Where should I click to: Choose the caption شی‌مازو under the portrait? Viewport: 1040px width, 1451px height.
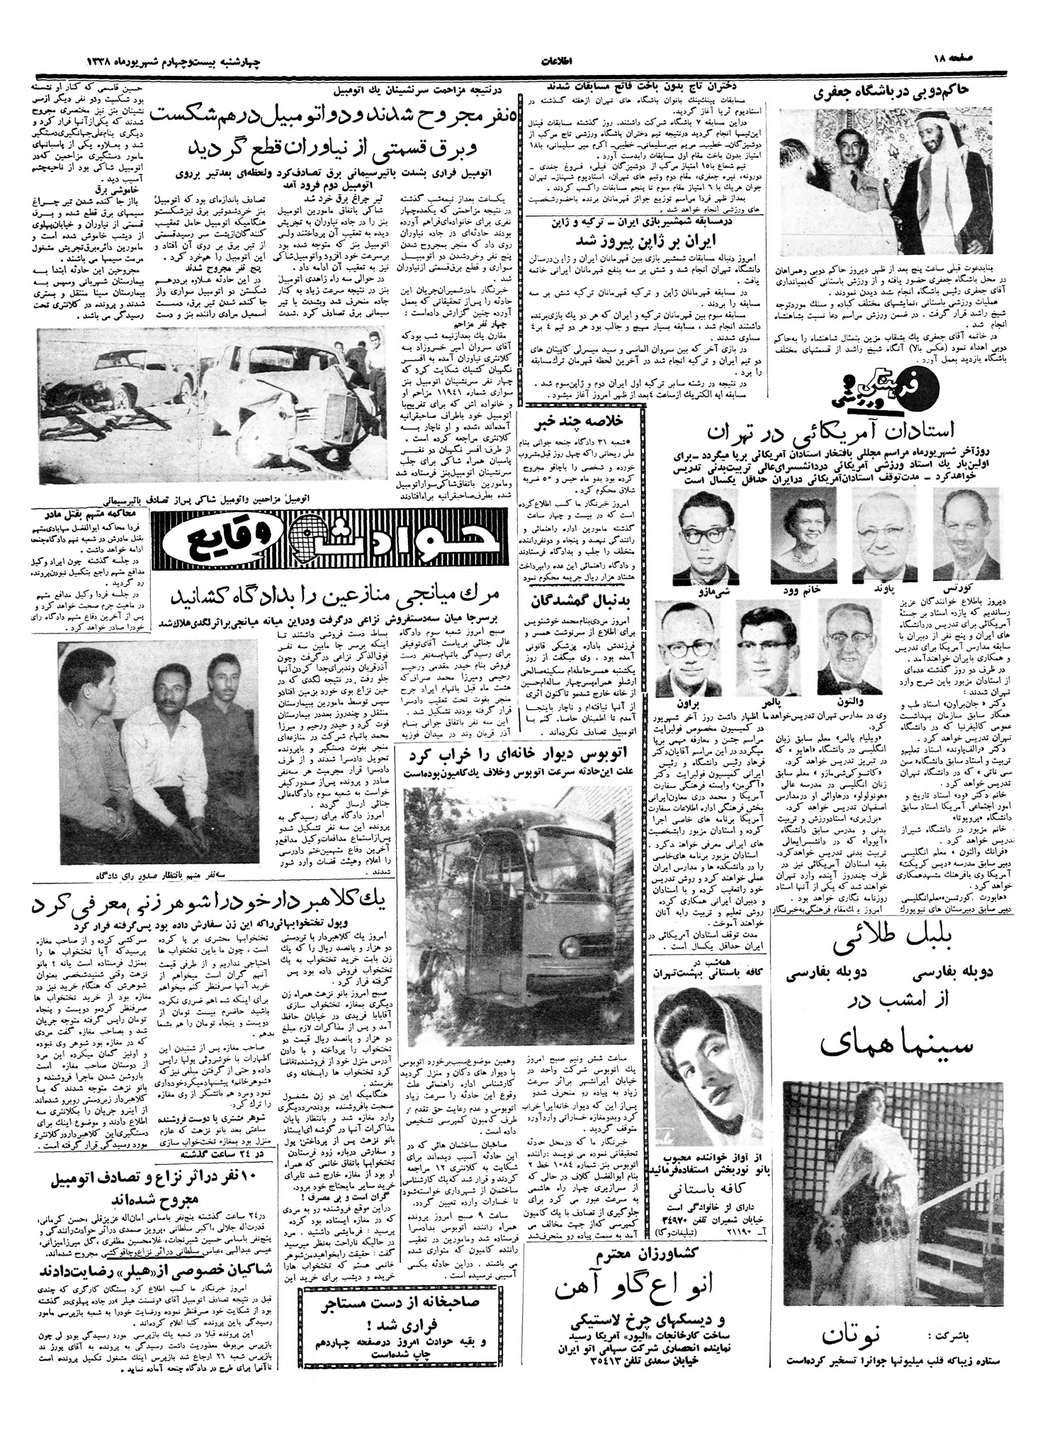click(701, 588)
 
